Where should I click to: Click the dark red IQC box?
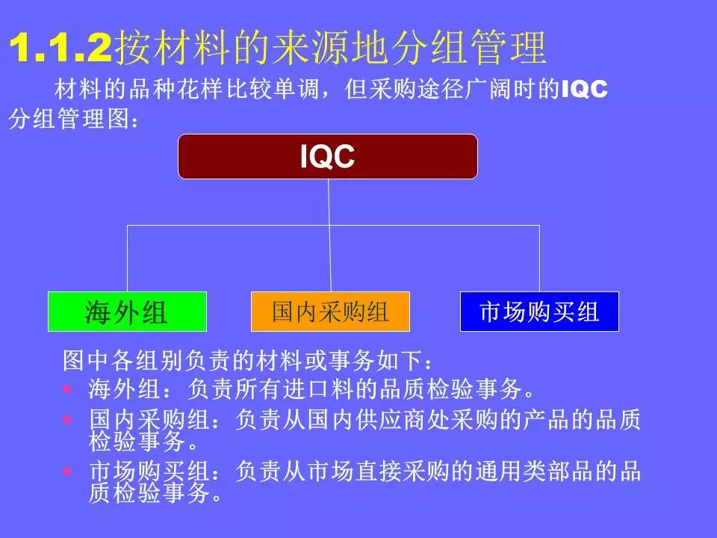pyautogui.click(x=327, y=157)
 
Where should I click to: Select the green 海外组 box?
pyautogui.click(x=127, y=312)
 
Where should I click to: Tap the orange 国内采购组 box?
pyautogui.click(x=330, y=312)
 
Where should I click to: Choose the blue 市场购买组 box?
pyautogui.click(x=539, y=312)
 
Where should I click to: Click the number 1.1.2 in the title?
pyautogui.click(x=60, y=49)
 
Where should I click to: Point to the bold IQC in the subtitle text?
pyautogui.click(x=584, y=90)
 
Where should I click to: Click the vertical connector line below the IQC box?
pyautogui.click(x=329, y=202)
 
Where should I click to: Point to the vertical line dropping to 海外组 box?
pyautogui.click(x=127, y=258)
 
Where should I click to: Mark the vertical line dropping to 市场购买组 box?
pyautogui.click(x=539, y=258)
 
